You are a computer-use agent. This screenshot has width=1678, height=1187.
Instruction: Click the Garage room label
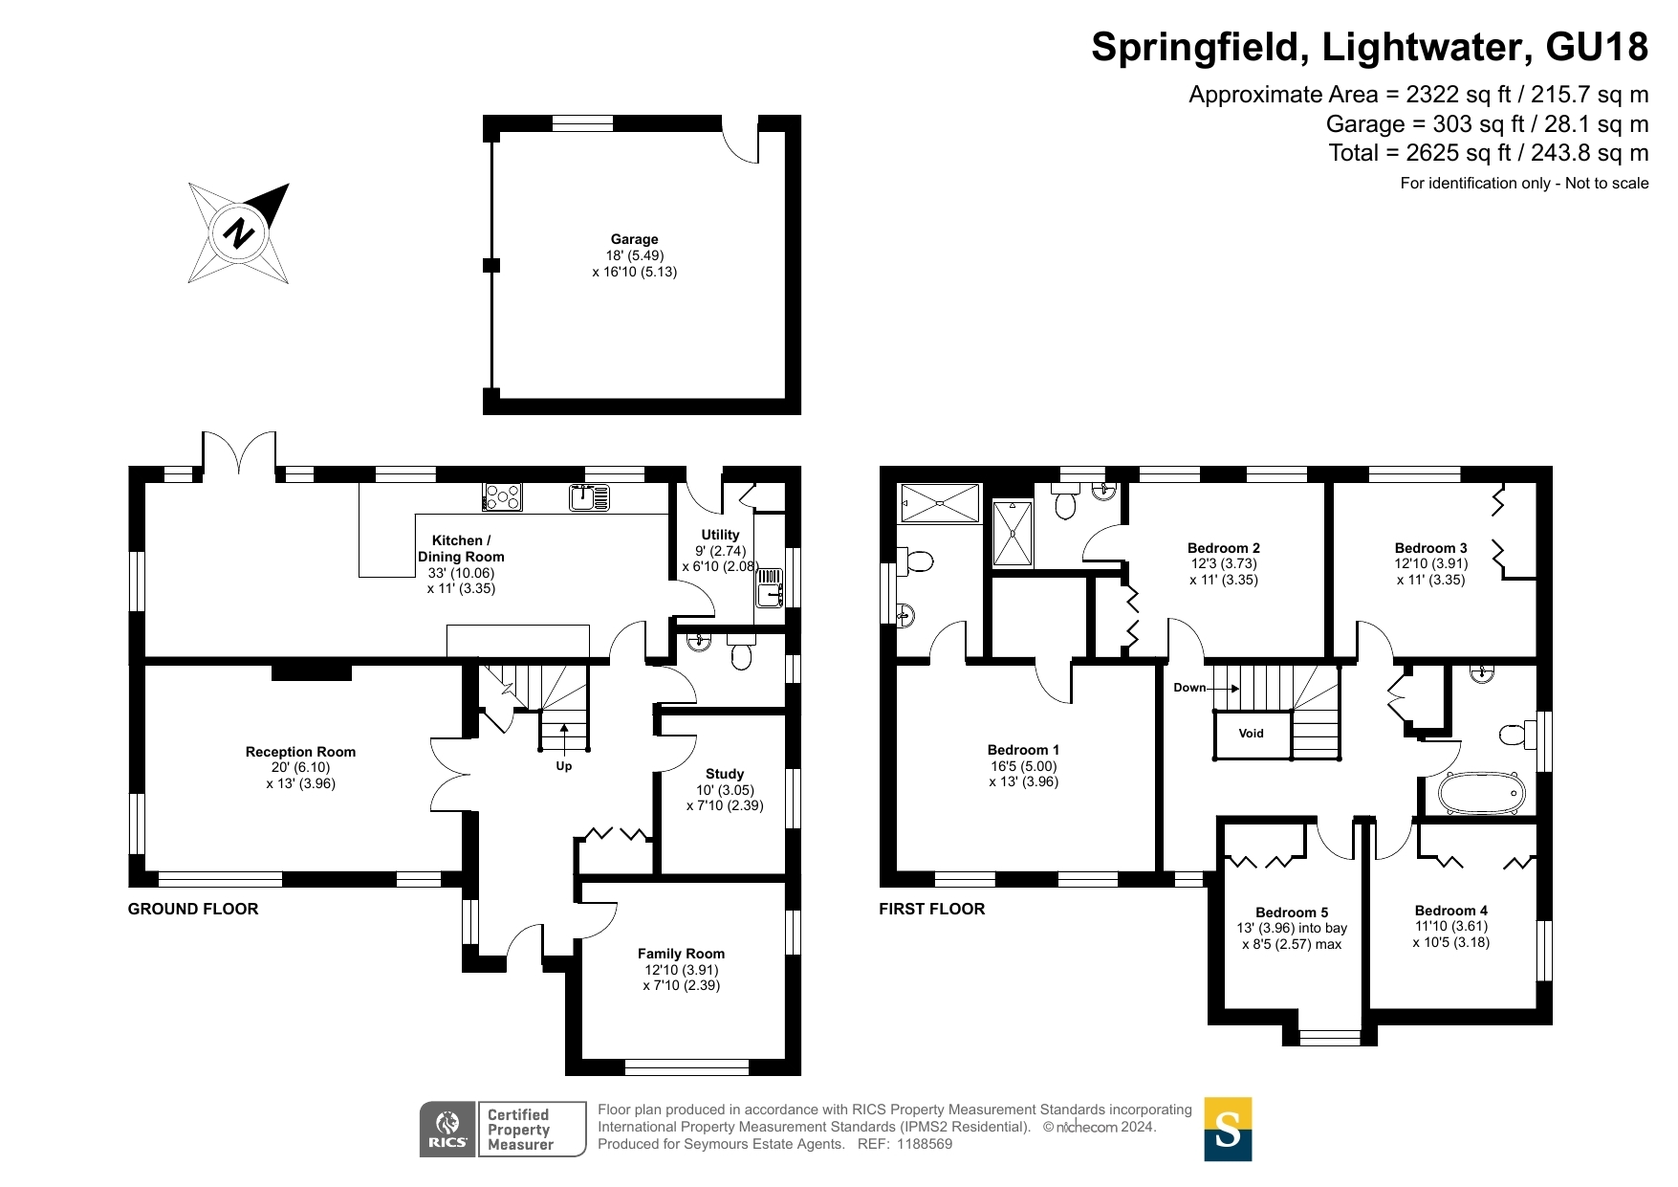tap(635, 239)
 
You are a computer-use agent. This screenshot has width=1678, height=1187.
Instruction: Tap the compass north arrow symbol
tap(239, 232)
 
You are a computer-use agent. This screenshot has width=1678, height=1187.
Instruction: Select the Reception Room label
tap(300, 752)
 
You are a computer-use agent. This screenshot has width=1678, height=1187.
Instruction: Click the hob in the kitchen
tap(503, 497)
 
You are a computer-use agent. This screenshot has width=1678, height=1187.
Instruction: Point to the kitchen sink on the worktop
tap(589, 497)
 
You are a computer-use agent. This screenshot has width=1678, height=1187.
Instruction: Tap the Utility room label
tap(720, 535)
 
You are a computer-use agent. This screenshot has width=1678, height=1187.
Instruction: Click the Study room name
tap(725, 774)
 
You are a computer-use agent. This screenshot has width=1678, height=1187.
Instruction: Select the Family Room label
tap(681, 954)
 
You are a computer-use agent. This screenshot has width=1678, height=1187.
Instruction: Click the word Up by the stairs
tap(564, 766)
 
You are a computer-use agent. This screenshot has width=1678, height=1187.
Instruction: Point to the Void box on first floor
tap(1252, 735)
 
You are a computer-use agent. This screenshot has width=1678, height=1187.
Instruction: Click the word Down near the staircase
tap(1189, 688)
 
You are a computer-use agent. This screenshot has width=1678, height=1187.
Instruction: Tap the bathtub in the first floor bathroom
tap(1481, 794)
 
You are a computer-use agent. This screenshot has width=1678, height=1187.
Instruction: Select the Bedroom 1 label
tap(1023, 750)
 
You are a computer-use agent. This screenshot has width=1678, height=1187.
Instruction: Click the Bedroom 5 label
tap(1292, 912)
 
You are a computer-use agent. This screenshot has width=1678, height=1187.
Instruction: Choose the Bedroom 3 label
tap(1430, 548)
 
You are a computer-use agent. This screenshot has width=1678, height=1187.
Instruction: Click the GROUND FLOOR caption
tap(193, 909)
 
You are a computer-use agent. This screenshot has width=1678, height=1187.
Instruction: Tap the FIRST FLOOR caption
tap(932, 909)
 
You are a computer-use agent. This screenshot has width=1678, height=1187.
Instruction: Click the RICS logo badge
tap(447, 1129)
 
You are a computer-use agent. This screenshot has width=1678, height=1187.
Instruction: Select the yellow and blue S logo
tap(1228, 1129)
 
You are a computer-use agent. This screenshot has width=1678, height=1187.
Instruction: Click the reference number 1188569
tap(924, 1144)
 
